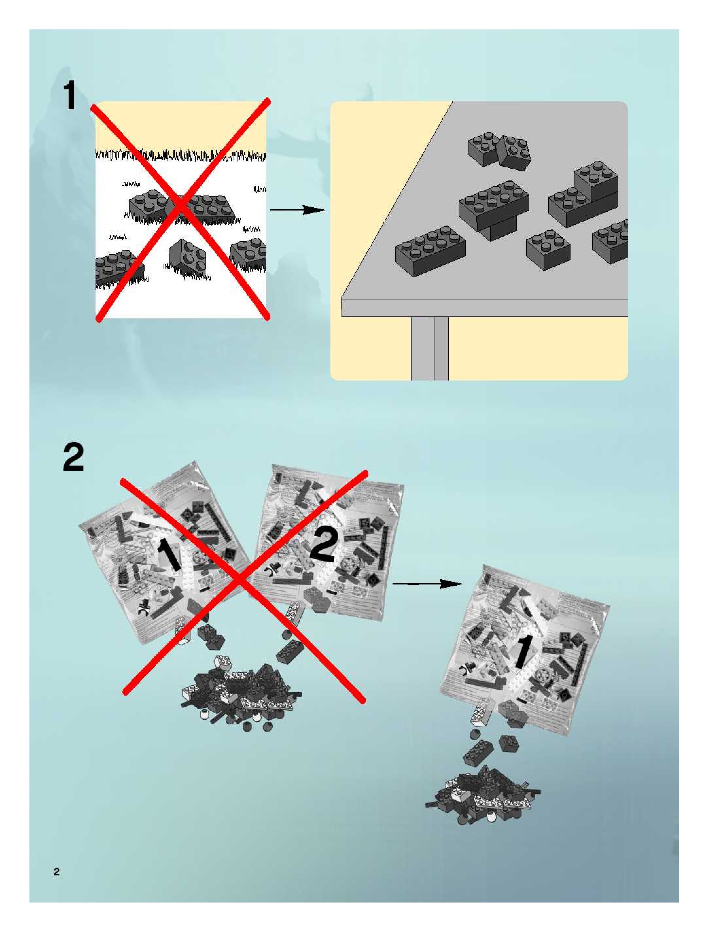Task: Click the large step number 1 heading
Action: tap(70, 96)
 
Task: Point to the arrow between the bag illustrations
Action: tap(427, 584)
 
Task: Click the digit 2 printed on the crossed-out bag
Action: tap(323, 545)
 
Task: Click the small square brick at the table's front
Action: tap(548, 249)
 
